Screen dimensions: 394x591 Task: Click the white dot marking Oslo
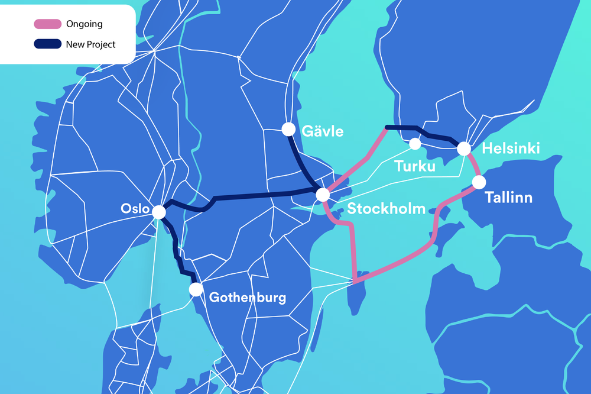pos(159,212)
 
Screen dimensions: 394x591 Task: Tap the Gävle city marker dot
pos(288,129)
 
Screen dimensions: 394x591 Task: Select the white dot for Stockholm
pos(323,194)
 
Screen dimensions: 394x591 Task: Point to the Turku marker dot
pos(415,144)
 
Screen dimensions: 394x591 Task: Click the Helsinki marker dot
pos(463,149)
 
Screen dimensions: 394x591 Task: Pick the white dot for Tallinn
pos(479,182)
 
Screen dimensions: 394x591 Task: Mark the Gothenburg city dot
pos(196,289)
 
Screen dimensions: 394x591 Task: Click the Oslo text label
pos(134,208)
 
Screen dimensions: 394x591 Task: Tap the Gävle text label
pos(323,131)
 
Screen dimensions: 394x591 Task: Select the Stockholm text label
pos(386,209)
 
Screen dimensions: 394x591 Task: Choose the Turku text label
pos(415,166)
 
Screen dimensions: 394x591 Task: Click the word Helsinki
pos(511,149)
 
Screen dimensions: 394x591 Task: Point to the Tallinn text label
pos(508,197)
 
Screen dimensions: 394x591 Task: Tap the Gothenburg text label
pos(248,297)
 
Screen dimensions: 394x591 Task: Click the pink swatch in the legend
pos(47,24)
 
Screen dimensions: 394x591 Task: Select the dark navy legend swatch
pos(47,44)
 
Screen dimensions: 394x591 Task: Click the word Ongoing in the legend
pos(85,24)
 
